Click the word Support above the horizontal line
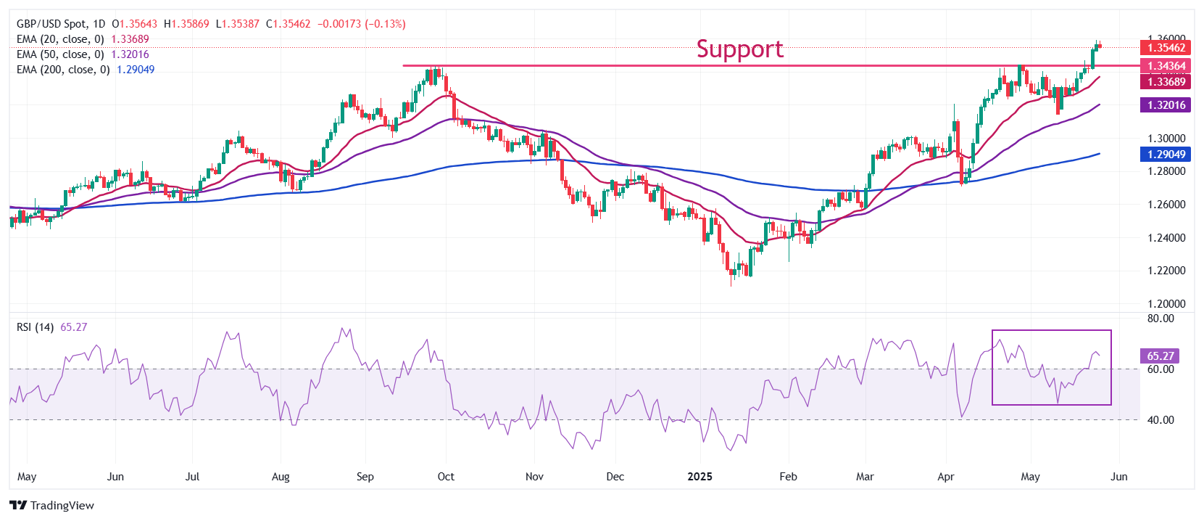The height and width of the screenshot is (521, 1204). pos(739,49)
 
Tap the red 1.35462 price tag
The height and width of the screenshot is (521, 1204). pos(1166,48)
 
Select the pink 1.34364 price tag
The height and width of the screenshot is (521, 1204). pos(1166,66)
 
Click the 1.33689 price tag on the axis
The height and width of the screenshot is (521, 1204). pos(1166,82)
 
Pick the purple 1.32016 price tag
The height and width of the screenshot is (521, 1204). pos(1166,105)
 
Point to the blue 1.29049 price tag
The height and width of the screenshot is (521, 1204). pos(1166,155)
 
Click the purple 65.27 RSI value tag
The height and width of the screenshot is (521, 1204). pos(1160,356)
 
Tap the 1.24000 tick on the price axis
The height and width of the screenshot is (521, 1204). pos(1166,238)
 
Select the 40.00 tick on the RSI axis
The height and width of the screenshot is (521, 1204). pos(1160,420)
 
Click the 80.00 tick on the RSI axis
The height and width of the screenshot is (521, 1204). pos(1160,319)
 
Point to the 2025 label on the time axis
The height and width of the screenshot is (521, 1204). pos(699,477)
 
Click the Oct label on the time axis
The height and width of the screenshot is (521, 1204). pos(446,477)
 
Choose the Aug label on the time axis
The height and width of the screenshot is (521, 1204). pos(281,477)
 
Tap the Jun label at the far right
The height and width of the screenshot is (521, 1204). pos(1118,477)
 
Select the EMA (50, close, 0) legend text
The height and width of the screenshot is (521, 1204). pos(60,54)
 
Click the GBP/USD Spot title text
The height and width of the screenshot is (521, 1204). pos(51,24)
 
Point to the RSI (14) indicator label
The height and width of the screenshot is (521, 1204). pos(35,327)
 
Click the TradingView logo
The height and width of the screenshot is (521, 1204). pos(51,506)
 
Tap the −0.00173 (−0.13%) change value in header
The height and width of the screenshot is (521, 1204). pos(361,24)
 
